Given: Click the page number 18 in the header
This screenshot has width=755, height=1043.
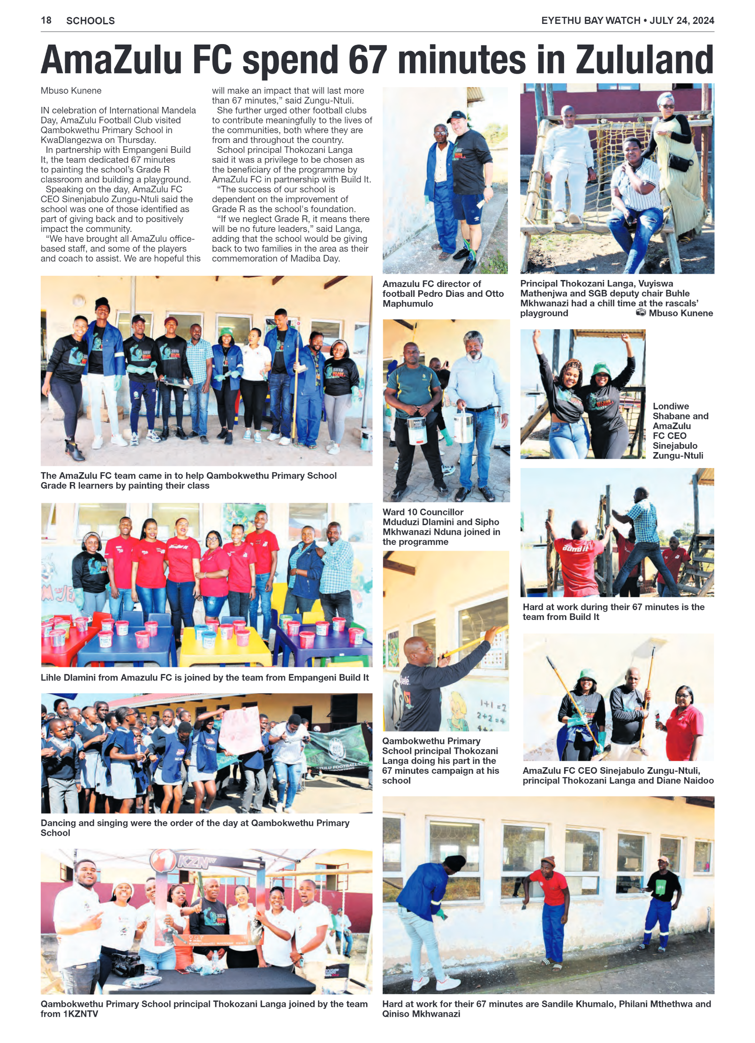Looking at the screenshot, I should [46, 20].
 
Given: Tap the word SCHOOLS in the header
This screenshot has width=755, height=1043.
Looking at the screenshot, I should [91, 21].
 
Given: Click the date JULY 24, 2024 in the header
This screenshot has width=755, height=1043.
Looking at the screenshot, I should [682, 21].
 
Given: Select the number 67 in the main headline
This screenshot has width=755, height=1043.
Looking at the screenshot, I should [368, 60].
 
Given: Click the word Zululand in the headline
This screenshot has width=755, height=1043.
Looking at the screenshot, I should [644, 60].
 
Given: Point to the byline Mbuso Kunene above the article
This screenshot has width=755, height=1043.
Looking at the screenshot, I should [71, 91].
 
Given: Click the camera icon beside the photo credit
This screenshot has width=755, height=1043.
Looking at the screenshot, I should [641, 313].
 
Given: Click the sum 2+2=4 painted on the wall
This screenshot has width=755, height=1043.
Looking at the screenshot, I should [491, 716].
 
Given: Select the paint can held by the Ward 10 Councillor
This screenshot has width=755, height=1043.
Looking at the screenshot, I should [417, 431].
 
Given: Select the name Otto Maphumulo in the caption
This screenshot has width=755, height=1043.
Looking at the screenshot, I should [408, 303].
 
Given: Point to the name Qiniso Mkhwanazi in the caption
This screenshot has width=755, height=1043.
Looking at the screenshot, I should [421, 1014].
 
